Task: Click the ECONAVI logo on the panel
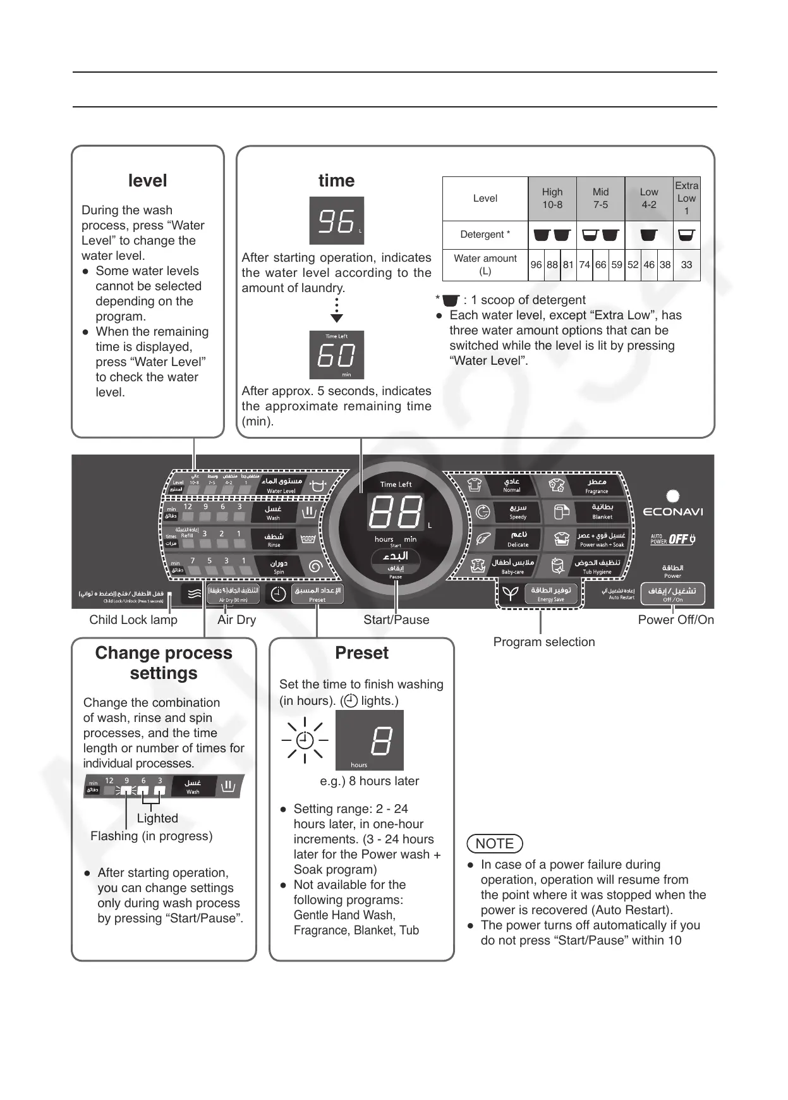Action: (672, 511)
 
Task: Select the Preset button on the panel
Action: (317, 594)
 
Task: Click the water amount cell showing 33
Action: (686, 265)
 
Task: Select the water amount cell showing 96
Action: (536, 265)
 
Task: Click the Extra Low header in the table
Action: (686, 198)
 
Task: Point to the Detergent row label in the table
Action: (485, 235)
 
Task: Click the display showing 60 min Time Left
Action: (336, 355)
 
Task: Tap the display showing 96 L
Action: (336, 221)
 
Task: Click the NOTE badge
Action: (494, 843)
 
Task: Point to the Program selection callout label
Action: (543, 642)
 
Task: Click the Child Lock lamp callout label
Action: (133, 620)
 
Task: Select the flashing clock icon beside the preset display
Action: (305, 740)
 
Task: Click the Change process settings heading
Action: (164, 663)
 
